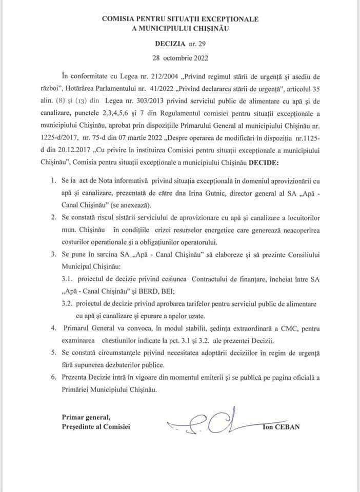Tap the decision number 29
point(200,45)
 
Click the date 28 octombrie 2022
point(180,58)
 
